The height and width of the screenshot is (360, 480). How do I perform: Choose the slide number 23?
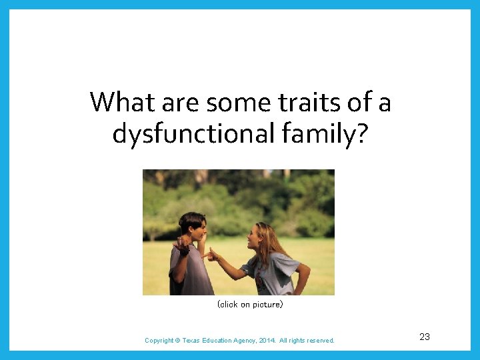coord(425,337)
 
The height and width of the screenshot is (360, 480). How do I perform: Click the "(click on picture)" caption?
coord(250,305)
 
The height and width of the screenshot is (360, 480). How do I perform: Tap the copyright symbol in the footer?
coord(177,341)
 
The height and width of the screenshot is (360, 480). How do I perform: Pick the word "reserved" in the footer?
coord(320,341)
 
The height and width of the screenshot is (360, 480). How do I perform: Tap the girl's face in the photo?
coord(256,237)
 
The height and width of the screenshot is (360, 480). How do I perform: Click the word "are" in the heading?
coord(181,103)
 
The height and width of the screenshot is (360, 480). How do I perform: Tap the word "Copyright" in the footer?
coord(159,341)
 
